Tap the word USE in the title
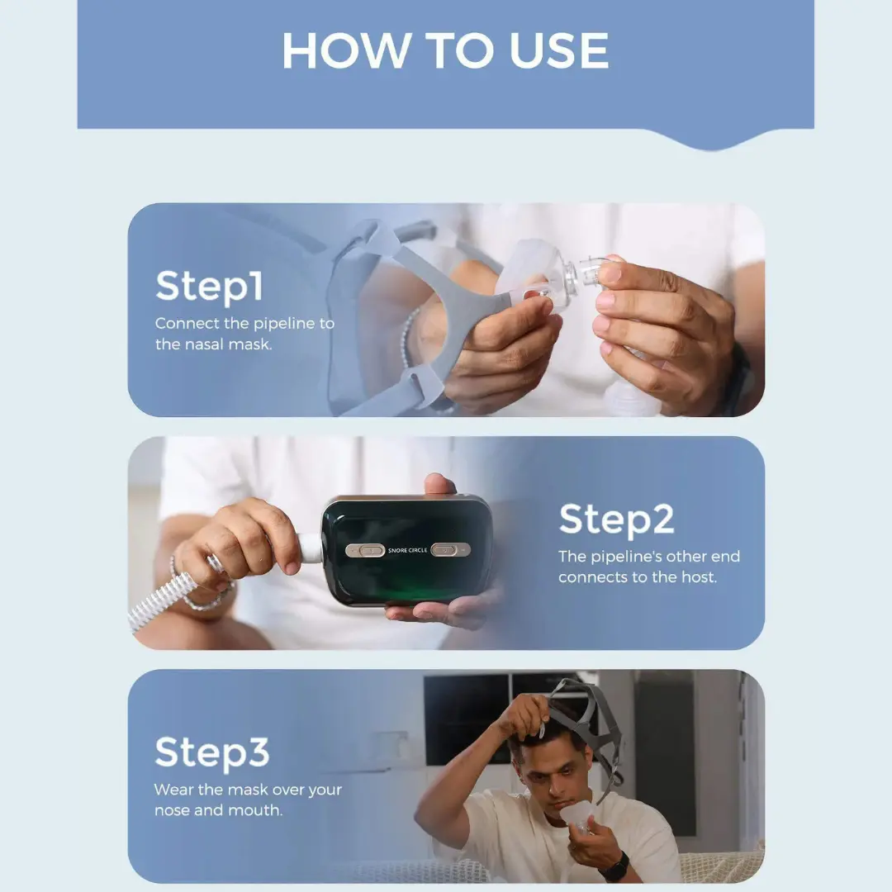point(558,50)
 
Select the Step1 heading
point(209,286)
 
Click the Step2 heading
point(617,520)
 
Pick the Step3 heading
point(211,752)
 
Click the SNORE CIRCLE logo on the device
point(407,550)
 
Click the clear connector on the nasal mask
point(581,278)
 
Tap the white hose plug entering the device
point(310,546)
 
